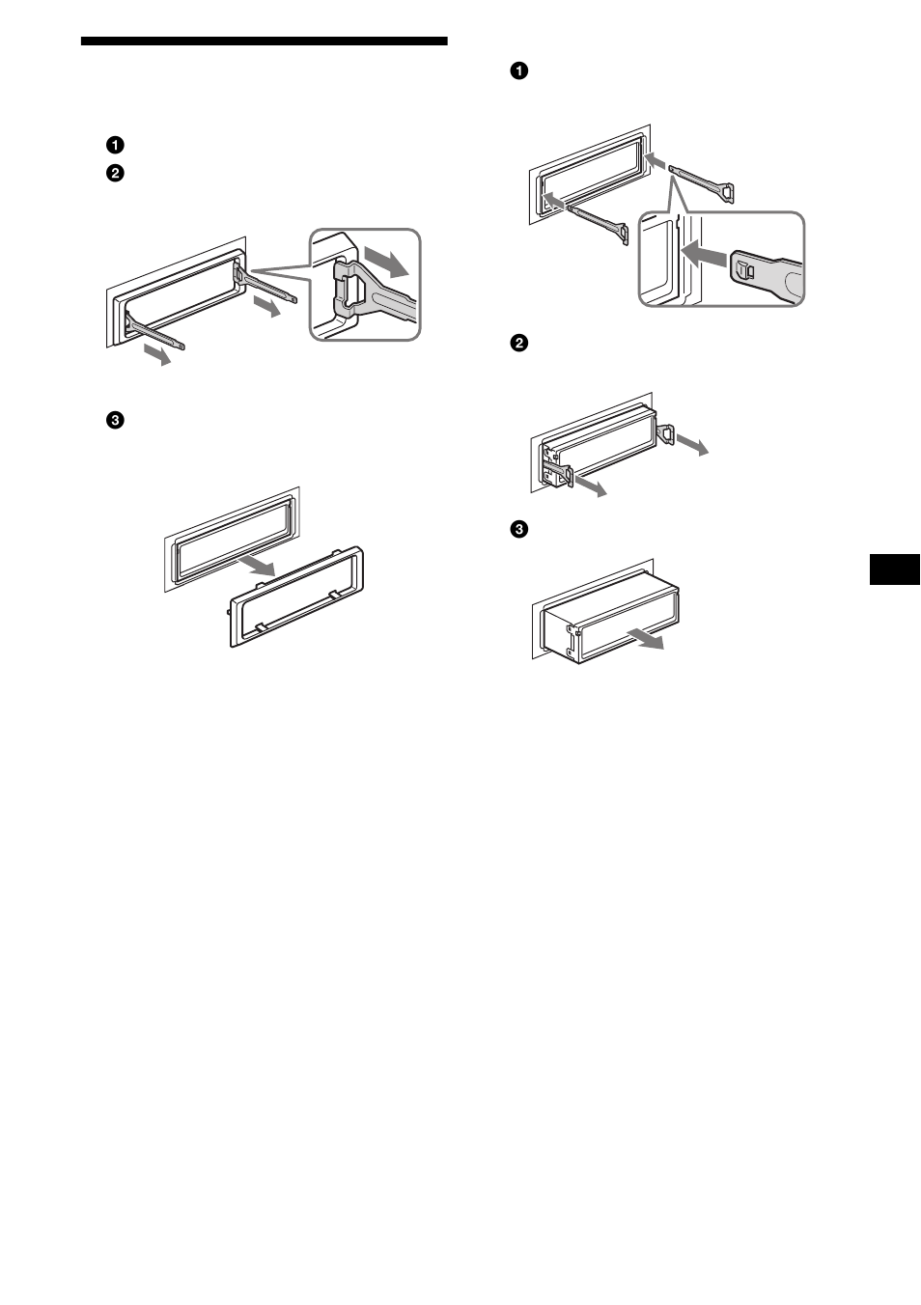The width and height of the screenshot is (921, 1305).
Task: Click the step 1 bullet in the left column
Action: (115, 146)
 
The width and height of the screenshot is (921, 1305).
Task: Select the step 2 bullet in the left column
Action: (115, 174)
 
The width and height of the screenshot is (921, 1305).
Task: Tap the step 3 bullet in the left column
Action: (115, 420)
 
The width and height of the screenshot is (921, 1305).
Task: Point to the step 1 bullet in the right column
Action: (519, 70)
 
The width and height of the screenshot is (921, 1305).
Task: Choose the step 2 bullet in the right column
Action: (519, 343)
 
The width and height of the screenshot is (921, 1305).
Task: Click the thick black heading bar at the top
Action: (264, 42)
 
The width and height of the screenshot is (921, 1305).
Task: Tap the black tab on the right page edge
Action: (894, 569)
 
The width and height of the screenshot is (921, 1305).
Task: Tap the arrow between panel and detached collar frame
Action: (258, 566)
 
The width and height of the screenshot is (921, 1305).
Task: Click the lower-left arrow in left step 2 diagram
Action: (157, 355)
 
